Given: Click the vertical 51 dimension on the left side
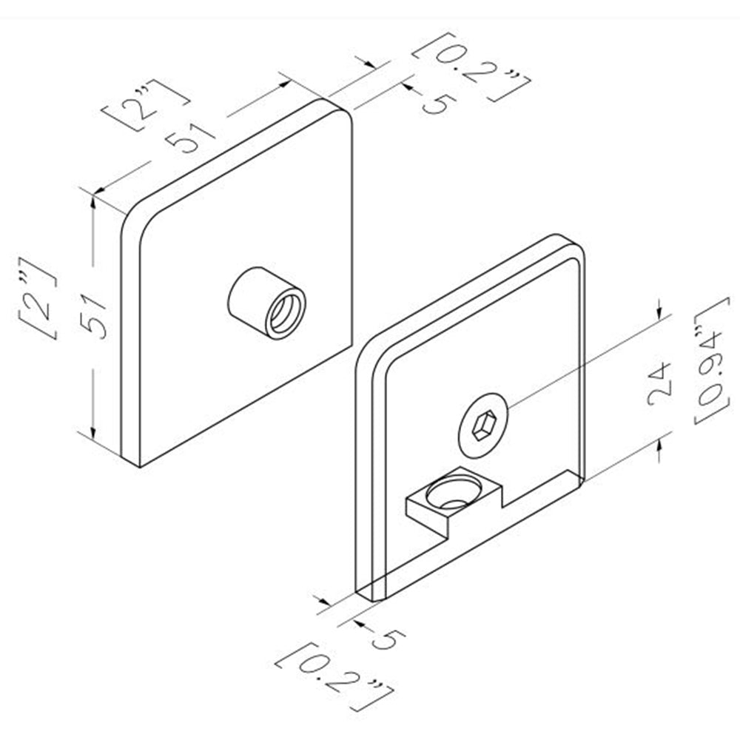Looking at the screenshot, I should pyautogui.click(x=92, y=314).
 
